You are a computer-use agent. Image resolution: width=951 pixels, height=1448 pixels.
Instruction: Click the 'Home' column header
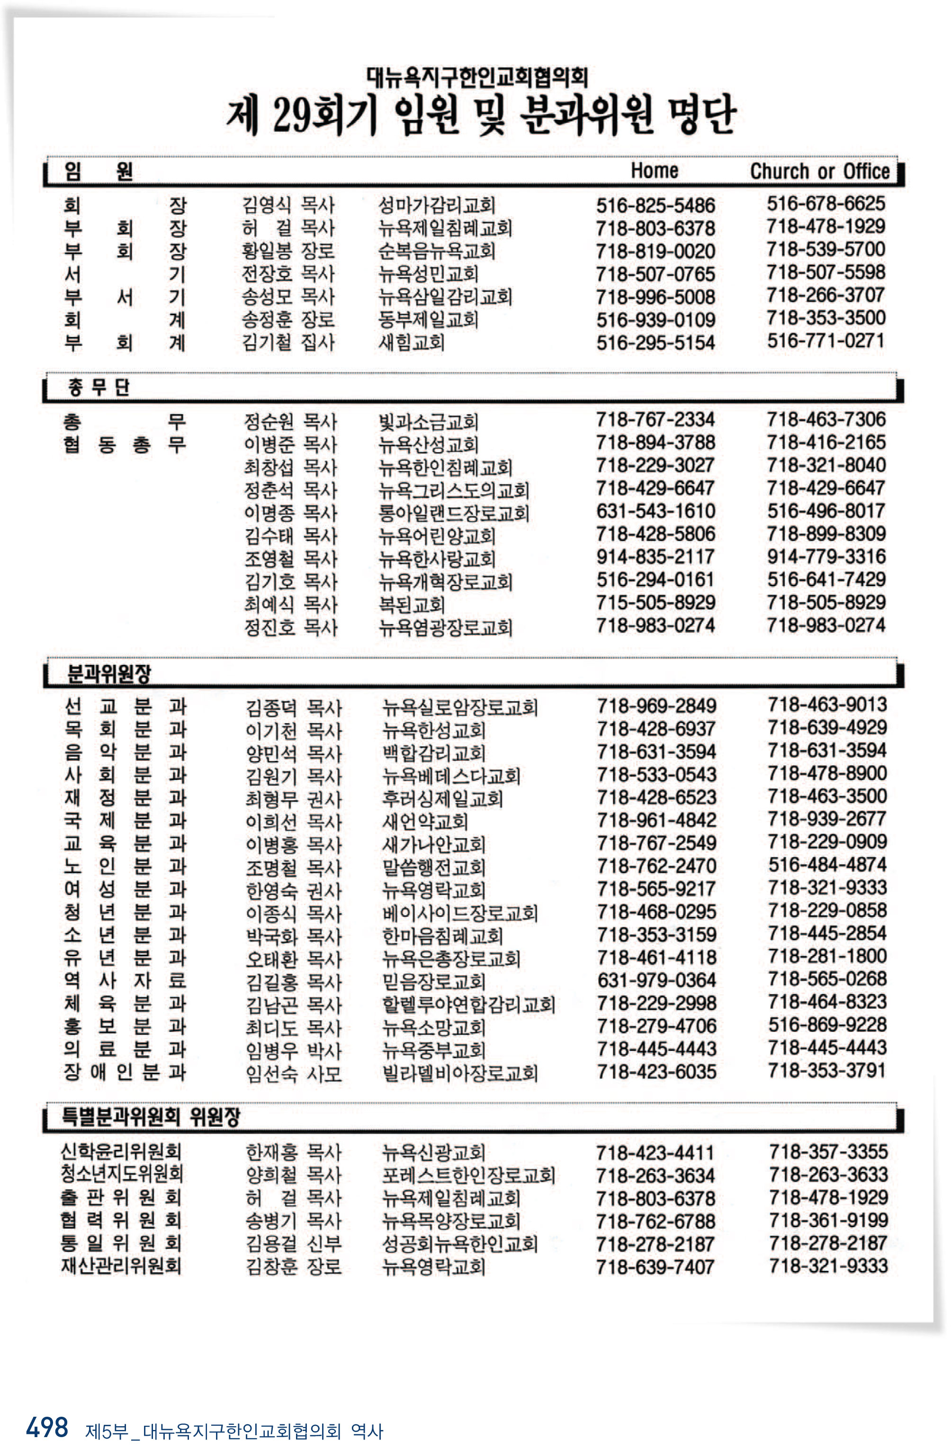coord(654,171)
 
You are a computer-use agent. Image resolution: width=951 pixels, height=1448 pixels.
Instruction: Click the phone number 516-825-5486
coord(655,206)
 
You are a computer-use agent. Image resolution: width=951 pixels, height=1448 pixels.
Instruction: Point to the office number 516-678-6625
coord(825,204)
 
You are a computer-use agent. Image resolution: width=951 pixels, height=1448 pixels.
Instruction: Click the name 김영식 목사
coord(288,205)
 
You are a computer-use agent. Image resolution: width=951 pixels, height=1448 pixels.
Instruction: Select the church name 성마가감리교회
coord(436,206)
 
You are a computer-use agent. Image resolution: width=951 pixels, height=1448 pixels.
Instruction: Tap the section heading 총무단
coord(98,388)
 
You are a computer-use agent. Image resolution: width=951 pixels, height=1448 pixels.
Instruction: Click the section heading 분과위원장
coord(108,673)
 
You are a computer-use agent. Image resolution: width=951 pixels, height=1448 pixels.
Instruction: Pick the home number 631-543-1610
coord(655,511)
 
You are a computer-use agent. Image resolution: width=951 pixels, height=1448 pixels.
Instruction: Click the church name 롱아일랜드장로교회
coord(453,513)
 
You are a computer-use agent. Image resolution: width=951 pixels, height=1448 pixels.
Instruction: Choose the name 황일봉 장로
coord(288,251)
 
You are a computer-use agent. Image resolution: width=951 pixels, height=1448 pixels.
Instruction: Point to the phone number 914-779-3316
coord(826,557)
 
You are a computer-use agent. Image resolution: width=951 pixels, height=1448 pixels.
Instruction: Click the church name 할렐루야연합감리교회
coord(468,1005)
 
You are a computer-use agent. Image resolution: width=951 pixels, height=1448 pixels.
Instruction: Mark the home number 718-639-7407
coord(655,1267)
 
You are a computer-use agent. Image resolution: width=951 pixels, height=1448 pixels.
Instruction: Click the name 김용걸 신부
coord(293,1244)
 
